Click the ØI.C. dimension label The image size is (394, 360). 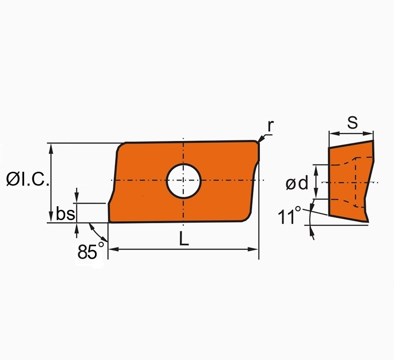(28, 179)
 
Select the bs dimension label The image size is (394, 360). (65, 213)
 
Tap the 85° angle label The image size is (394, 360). (90, 251)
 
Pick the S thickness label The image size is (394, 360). (352, 122)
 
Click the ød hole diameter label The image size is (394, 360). (297, 183)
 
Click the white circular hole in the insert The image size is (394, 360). (183, 180)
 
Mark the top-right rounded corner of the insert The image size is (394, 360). (256, 142)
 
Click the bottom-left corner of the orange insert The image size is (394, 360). (109, 222)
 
